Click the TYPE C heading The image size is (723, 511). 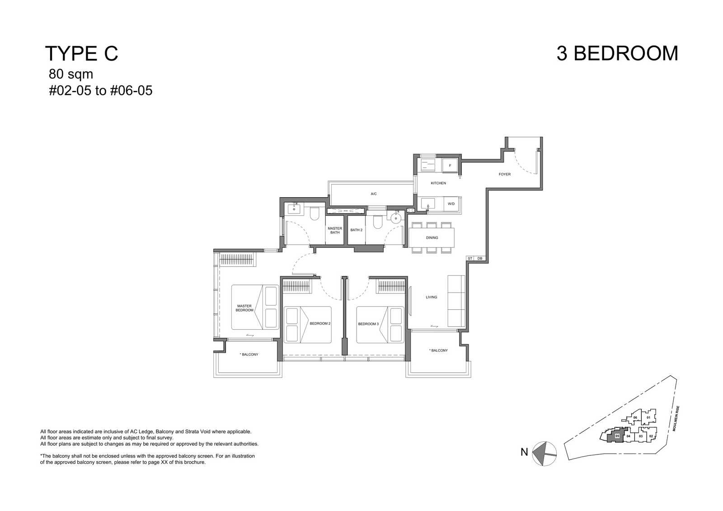82,53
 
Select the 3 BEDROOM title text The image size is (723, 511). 617,53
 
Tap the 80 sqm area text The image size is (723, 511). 70,74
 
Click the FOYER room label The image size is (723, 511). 504,175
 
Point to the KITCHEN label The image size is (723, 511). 438,183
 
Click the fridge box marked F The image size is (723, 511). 450,166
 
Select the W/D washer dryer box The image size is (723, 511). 451,204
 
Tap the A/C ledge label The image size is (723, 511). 373,194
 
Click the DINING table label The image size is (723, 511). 432,238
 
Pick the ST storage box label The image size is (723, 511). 470,258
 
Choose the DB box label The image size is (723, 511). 479,258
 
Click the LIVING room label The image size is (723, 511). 431,297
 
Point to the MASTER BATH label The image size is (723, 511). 335,230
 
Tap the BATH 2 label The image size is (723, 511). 357,230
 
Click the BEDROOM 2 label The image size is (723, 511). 320,323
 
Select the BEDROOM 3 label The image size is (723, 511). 368,324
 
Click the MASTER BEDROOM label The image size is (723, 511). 244,308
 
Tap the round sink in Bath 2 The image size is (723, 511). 395,218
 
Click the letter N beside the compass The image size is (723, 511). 524,452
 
